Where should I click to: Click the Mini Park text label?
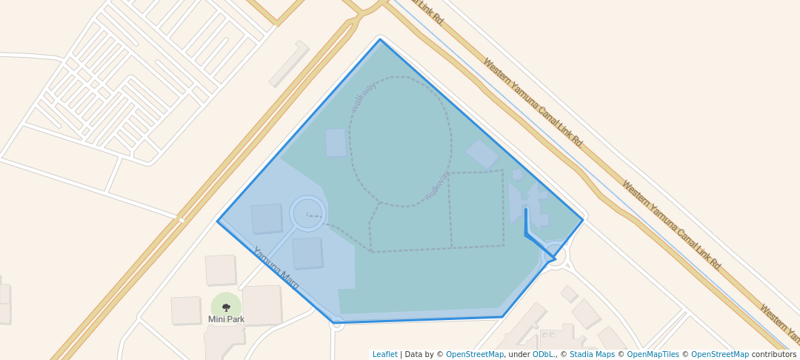tap(226, 319)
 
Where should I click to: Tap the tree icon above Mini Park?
tap(226, 307)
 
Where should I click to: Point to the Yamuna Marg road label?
tap(276, 267)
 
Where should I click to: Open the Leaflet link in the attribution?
tap(384, 354)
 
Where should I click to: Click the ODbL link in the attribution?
tap(543, 354)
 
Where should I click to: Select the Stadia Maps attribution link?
tap(591, 354)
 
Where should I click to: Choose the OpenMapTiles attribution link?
tap(653, 354)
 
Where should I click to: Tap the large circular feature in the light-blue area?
tap(307, 213)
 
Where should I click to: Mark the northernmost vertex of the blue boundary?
tap(381, 39)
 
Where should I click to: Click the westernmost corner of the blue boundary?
tap(218, 221)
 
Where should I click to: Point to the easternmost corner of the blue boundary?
tap(583, 219)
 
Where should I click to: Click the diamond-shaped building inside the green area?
tap(481, 154)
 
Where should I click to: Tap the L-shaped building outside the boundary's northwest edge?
tap(290, 64)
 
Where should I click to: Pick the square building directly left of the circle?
tap(267, 219)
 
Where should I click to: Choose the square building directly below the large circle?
tap(307, 253)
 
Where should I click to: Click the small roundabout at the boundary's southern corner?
tap(337, 323)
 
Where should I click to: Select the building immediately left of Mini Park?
tap(186, 310)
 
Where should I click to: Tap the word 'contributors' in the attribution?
tap(773, 354)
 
